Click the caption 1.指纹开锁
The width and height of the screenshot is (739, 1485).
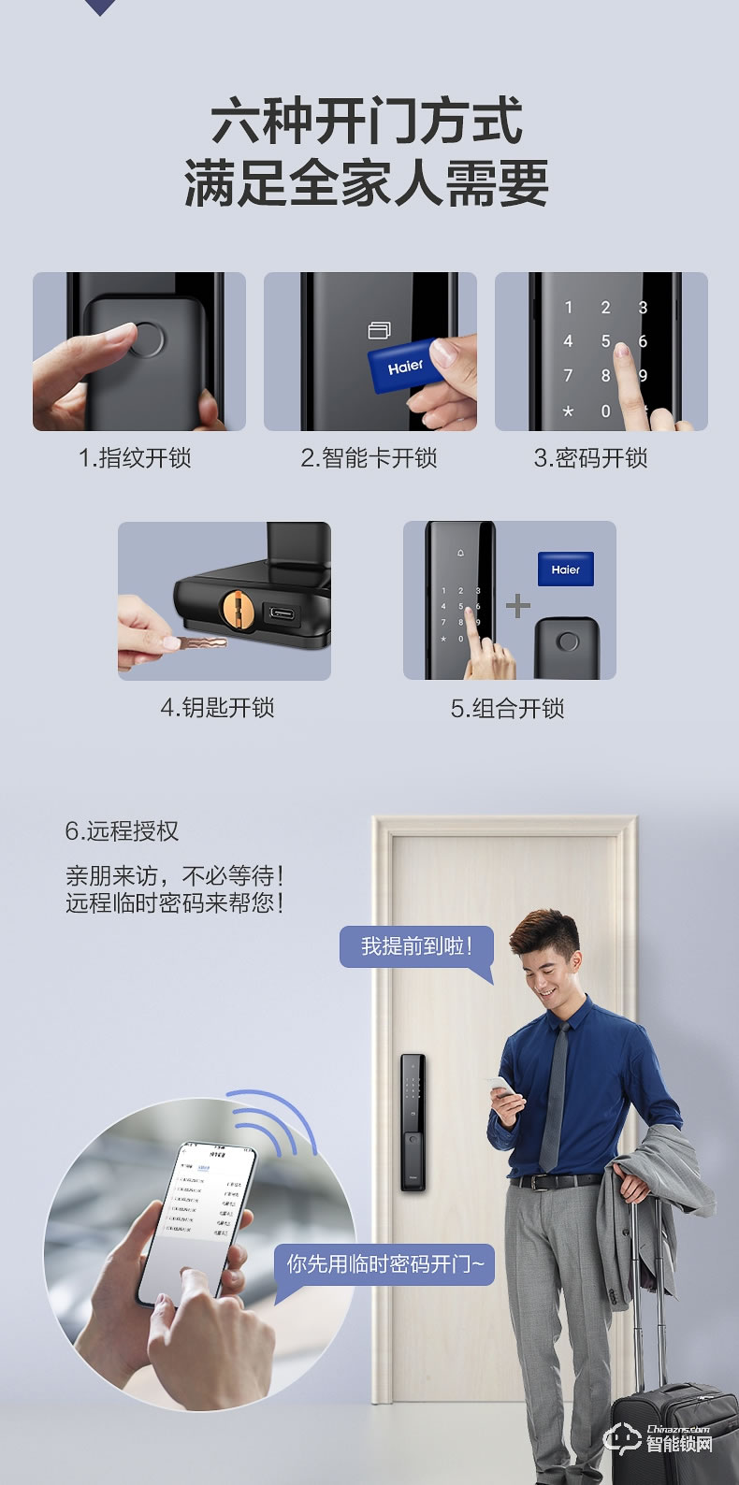point(135,458)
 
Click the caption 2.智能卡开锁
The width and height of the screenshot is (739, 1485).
point(369,458)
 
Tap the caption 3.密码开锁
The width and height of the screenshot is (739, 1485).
point(590,458)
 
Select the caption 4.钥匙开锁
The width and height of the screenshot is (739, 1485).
point(217,708)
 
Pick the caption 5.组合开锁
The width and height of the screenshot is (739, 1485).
point(507,709)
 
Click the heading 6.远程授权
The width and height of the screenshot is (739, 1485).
point(122,831)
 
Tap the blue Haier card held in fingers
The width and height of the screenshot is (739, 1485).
point(405,365)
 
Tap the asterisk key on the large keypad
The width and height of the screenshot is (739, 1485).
point(567,411)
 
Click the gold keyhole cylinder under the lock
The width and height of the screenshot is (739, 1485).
point(237,609)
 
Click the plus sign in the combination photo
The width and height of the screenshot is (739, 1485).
point(517,606)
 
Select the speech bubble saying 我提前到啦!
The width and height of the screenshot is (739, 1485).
point(416,946)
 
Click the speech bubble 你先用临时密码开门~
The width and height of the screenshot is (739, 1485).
point(384,1264)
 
